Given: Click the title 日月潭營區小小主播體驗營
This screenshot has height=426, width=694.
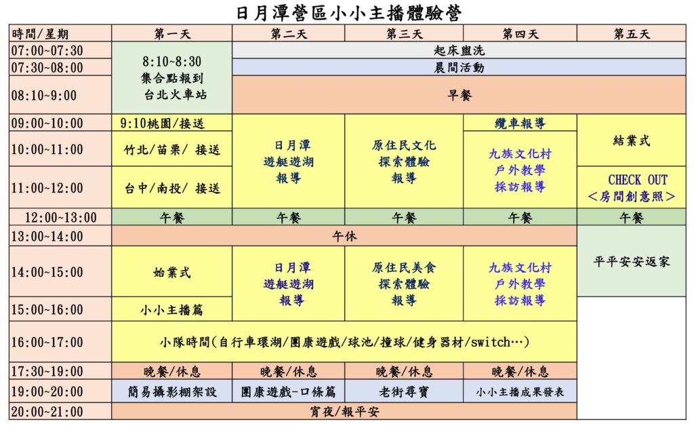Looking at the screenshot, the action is [x=349, y=12].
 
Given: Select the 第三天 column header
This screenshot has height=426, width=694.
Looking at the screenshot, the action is [x=404, y=34].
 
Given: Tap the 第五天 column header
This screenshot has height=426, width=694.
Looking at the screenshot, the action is [x=632, y=34].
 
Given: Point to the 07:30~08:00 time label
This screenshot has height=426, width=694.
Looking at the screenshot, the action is [x=47, y=68].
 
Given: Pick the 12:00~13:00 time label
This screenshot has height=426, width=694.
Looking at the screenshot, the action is [x=60, y=218].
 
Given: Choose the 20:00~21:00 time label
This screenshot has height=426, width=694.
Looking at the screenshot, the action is [x=47, y=412].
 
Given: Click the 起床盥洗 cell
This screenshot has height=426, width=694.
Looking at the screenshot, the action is [x=459, y=50].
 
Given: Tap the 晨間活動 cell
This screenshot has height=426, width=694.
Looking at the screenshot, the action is [x=459, y=68].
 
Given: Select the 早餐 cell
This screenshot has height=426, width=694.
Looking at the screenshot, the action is [x=460, y=95].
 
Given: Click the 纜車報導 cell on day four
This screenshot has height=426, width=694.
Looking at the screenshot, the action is [x=520, y=123].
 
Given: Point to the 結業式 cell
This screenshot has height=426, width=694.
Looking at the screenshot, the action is [x=632, y=141].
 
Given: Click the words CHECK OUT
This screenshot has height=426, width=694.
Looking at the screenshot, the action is [x=637, y=180].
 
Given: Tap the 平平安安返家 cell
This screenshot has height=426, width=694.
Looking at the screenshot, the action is [x=632, y=261].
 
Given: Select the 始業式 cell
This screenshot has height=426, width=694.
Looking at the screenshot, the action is [x=171, y=272].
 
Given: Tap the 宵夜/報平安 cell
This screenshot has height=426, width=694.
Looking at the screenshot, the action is [x=344, y=412].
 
